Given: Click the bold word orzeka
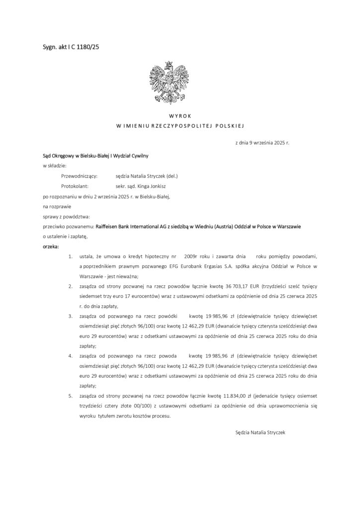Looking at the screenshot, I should pos(50,246).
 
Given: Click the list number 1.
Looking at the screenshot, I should pos(71,256).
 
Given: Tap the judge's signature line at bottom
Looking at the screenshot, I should pos(260,432).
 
